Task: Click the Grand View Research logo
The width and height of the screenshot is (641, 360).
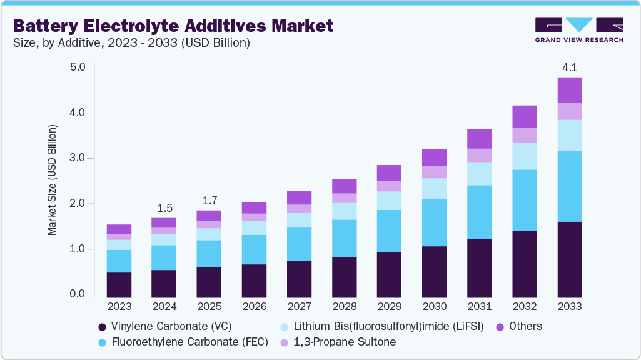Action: (578, 29)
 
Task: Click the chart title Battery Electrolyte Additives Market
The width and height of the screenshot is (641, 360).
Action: (173, 26)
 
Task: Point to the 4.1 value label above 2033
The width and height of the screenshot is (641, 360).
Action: (570, 66)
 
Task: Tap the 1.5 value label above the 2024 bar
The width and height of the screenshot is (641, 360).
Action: (164, 207)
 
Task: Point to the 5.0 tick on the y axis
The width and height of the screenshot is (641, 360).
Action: (78, 66)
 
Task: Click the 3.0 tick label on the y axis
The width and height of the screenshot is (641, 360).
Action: (78, 157)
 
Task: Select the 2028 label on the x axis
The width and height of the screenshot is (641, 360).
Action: (344, 306)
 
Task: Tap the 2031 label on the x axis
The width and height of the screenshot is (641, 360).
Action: (479, 306)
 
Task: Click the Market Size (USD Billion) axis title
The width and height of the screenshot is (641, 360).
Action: (52, 180)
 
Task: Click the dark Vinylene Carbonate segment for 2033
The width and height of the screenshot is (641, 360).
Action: (570, 259)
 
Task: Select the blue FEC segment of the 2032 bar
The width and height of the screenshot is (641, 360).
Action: (525, 200)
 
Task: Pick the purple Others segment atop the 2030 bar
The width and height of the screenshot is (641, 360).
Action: (434, 157)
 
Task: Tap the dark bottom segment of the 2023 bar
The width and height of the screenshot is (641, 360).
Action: (119, 284)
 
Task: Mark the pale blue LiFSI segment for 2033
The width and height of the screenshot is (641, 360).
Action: (570, 135)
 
